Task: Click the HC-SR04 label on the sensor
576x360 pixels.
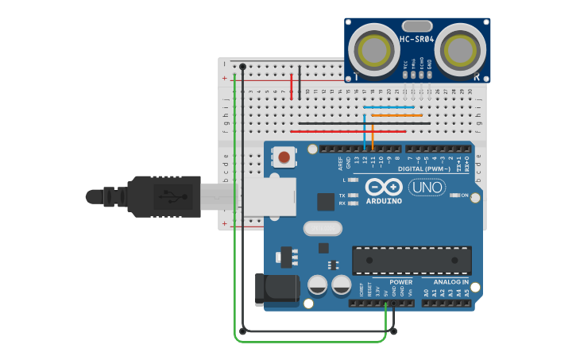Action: tap(416, 39)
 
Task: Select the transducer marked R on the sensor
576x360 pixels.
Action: tap(460, 50)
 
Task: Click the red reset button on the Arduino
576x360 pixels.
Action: tap(284, 157)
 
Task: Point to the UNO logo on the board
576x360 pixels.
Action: tap(427, 188)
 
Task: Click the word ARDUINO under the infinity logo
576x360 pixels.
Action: tap(384, 201)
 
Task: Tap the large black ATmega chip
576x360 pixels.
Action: tap(412, 260)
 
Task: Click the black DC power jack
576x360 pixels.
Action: tap(275, 289)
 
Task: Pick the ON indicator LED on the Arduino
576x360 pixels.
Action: tap(456, 195)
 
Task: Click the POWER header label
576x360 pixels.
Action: tap(401, 282)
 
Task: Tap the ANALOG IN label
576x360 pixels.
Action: tap(450, 282)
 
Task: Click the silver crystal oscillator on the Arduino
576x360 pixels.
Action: tap(322, 229)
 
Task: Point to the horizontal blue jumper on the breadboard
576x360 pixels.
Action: tap(389, 106)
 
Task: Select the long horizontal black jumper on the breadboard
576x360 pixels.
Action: tap(365, 123)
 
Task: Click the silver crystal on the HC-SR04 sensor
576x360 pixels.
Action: tap(417, 26)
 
